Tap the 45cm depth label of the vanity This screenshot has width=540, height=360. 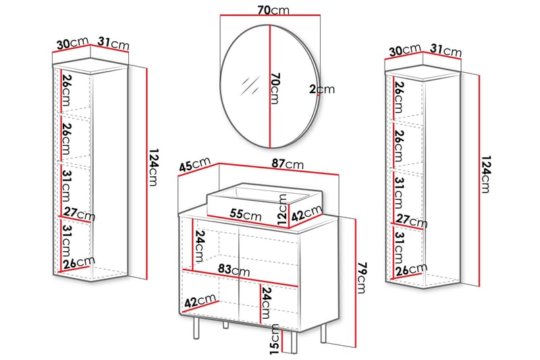194,166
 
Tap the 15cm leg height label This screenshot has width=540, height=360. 275,338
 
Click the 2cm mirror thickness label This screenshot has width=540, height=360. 321,88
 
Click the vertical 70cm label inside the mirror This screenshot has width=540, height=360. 274,88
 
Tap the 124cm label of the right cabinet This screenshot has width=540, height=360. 485,174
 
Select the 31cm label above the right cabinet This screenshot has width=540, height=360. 446,50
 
